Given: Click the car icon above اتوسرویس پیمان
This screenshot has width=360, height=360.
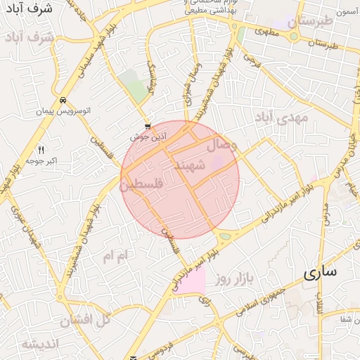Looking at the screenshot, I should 63,101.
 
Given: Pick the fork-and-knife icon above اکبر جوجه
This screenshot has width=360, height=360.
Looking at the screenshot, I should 41,150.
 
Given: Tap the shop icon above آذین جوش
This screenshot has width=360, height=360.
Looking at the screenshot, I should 148,127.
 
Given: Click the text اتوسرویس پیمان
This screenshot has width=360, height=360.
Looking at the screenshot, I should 63,112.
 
